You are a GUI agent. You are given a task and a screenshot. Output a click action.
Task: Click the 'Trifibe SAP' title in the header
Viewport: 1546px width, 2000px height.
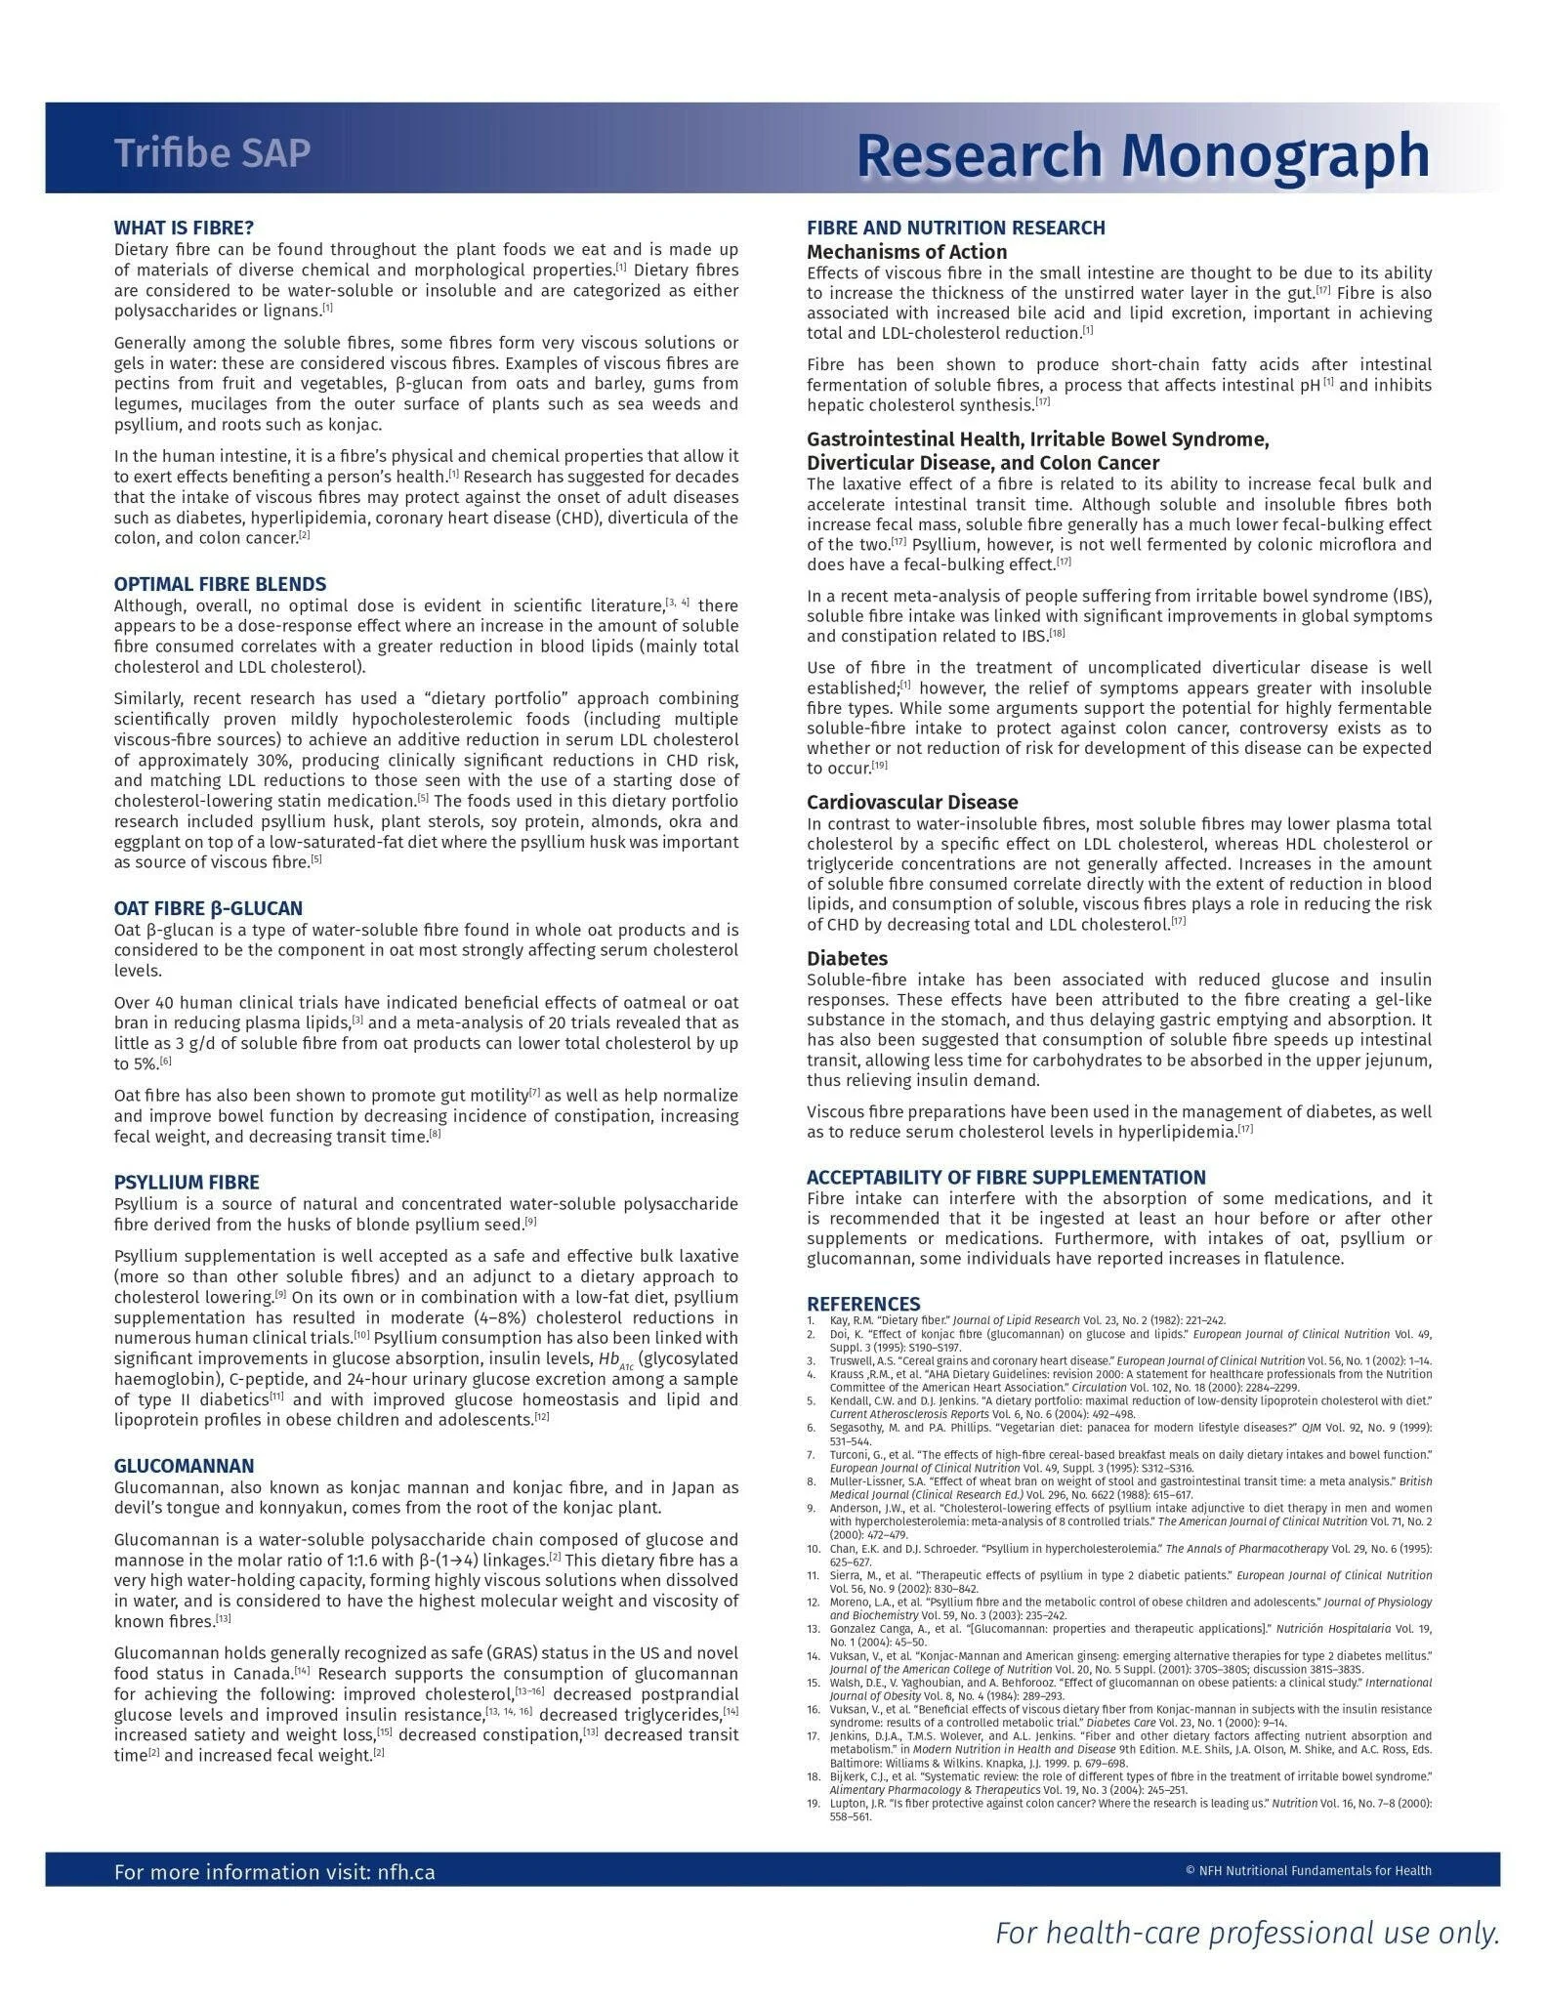pos(212,153)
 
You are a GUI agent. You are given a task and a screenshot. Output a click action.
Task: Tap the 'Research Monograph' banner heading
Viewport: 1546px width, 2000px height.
pos(1143,154)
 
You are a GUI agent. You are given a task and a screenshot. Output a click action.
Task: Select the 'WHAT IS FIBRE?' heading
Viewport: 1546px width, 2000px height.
pos(184,228)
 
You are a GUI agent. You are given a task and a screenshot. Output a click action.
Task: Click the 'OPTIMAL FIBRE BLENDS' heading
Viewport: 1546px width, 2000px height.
pos(220,584)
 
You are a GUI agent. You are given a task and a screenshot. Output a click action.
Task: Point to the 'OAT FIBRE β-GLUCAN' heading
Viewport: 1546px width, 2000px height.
pos(208,908)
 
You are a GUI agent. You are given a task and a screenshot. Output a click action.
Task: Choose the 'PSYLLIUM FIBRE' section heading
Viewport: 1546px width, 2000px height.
pos(187,1183)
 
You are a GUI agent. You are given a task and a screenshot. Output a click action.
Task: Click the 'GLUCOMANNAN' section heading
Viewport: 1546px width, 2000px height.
pos(184,1466)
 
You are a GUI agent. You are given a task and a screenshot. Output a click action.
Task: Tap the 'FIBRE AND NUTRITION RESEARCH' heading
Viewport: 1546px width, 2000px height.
pos(955,228)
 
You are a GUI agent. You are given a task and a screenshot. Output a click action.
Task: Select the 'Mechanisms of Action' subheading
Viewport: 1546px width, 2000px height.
pos(906,252)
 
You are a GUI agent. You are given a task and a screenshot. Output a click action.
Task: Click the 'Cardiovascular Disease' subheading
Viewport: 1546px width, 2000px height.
pos(912,802)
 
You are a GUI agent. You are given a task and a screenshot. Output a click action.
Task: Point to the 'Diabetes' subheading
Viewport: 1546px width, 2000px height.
pos(847,958)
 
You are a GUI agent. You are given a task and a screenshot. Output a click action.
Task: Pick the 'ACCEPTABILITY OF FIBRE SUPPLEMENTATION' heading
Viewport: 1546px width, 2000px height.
pos(1006,1177)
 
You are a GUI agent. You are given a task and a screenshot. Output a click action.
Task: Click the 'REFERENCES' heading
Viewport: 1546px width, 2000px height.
pos(862,1304)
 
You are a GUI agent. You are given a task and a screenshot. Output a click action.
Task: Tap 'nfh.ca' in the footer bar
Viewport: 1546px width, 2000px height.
pos(405,1872)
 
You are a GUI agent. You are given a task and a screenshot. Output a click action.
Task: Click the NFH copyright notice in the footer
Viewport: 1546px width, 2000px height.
pos(1308,1871)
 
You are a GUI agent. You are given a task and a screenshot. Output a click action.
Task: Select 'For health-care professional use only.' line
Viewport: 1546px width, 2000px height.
pos(1246,1933)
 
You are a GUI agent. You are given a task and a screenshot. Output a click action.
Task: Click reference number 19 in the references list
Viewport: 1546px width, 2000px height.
pos(813,1803)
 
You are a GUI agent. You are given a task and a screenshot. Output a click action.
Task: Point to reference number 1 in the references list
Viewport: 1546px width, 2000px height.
pos(811,1319)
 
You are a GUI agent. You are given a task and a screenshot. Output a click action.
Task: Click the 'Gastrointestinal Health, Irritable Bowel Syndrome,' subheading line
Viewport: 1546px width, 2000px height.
pos(1037,439)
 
